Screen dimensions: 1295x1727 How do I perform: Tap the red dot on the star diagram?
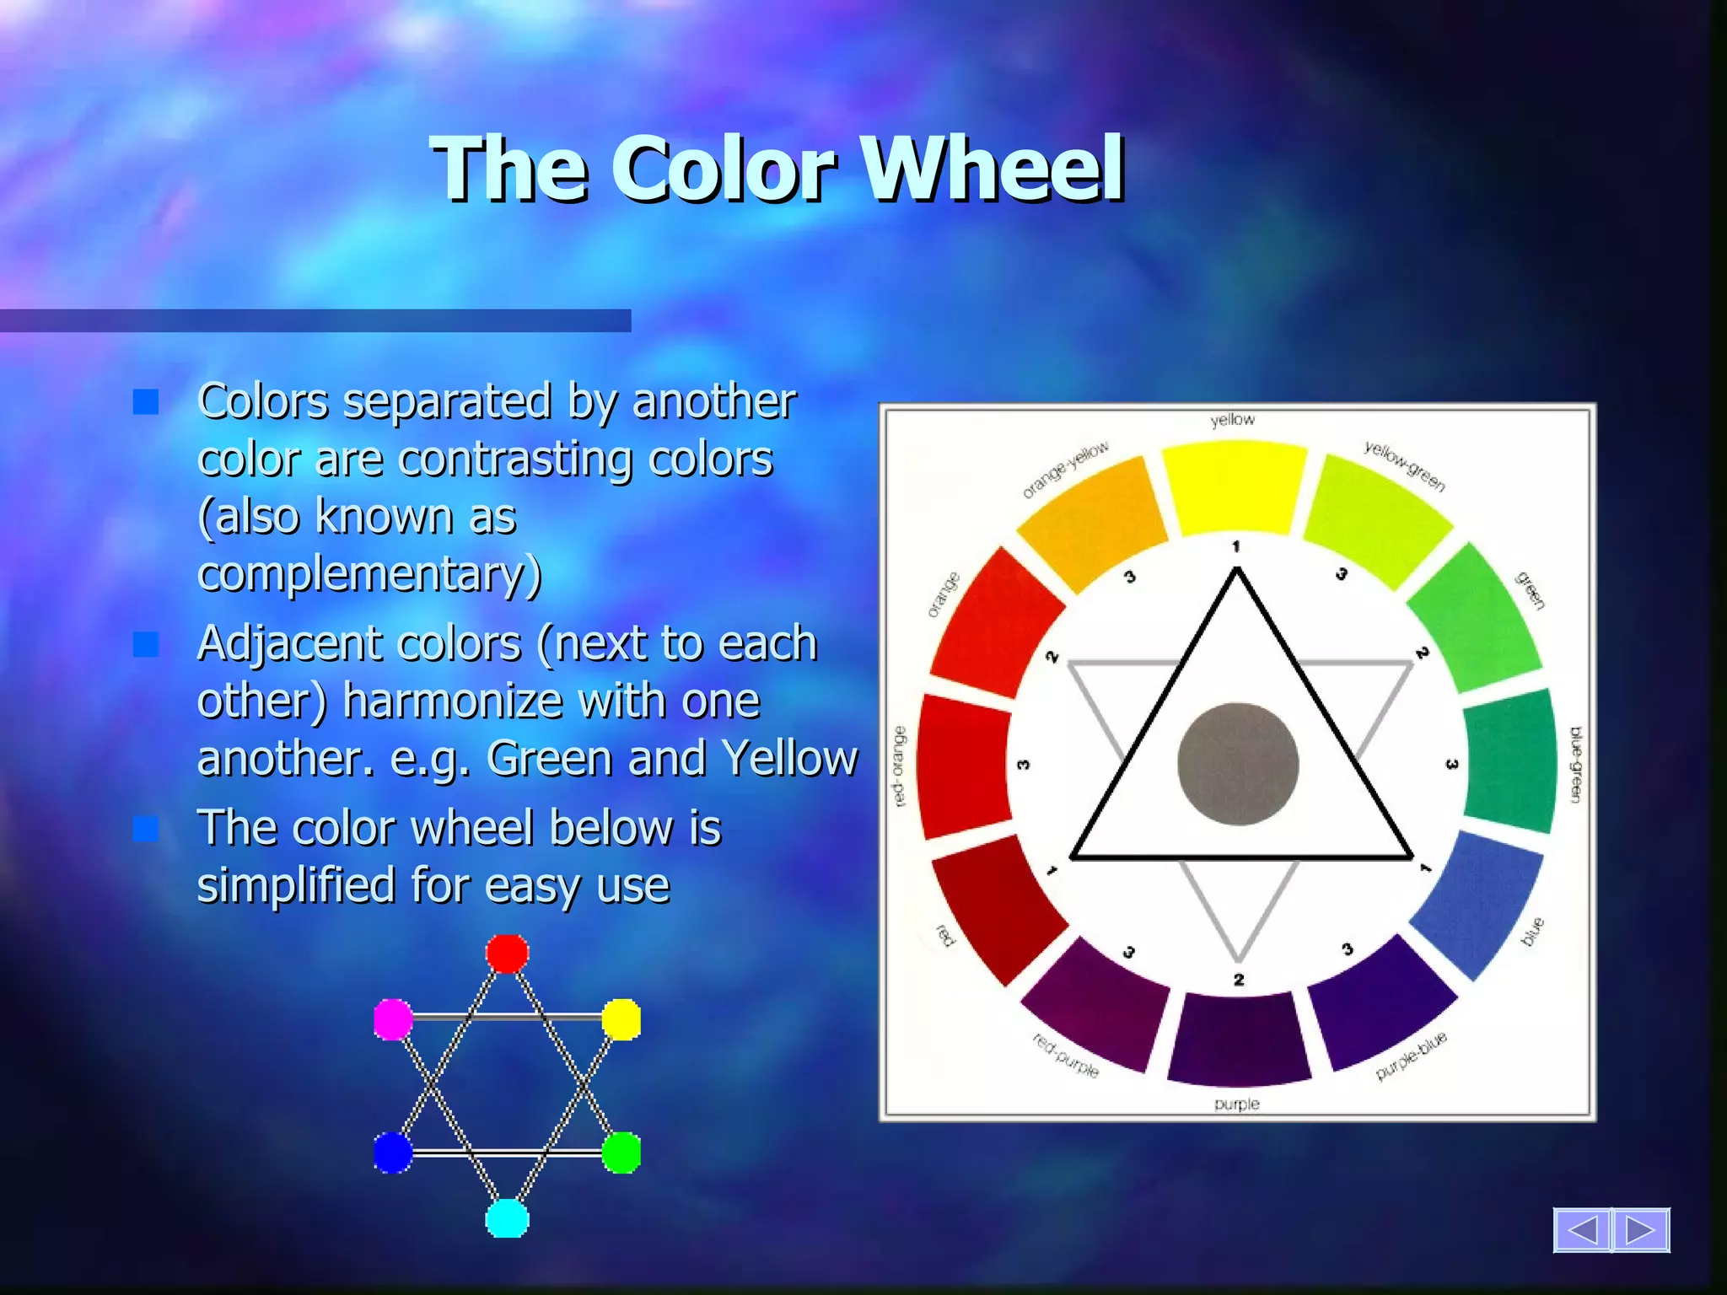pyautogui.click(x=507, y=954)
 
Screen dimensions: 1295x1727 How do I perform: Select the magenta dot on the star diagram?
pyautogui.click(x=393, y=1019)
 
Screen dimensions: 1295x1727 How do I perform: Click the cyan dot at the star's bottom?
pyautogui.click(x=507, y=1218)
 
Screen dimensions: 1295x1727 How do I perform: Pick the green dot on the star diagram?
pyautogui.click(x=621, y=1153)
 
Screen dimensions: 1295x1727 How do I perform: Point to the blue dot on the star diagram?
pyautogui.click(x=393, y=1153)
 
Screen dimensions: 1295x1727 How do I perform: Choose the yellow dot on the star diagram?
pyautogui.click(x=621, y=1019)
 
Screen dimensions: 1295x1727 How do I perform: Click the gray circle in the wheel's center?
pyautogui.click(x=1237, y=764)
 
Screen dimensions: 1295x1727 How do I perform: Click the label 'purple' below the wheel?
pyautogui.click(x=1236, y=1104)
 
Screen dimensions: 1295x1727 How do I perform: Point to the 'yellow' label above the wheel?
pyautogui.click(x=1232, y=420)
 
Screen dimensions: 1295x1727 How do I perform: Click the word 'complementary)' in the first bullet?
pyautogui.click(x=369, y=574)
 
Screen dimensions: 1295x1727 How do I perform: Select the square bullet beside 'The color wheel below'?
pyautogui.click(x=146, y=829)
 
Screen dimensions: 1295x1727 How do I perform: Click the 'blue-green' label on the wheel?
pyautogui.click(x=1575, y=764)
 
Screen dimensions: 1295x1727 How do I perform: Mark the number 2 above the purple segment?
pyautogui.click(x=1238, y=980)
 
